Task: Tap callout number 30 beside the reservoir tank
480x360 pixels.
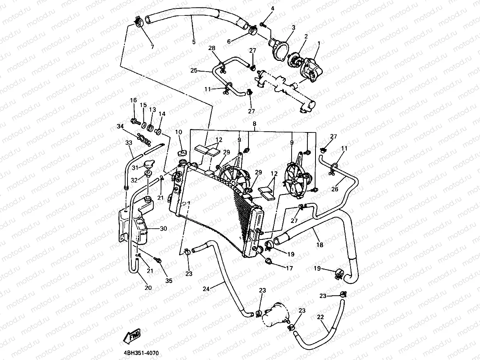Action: click(x=163, y=229)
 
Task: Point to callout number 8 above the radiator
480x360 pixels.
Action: click(x=254, y=124)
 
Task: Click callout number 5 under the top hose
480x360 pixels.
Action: click(x=193, y=42)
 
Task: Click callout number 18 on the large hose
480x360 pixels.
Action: click(x=320, y=244)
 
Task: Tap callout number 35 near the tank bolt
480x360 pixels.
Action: click(x=168, y=281)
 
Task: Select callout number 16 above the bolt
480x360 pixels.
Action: click(x=133, y=100)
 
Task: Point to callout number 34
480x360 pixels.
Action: click(x=121, y=127)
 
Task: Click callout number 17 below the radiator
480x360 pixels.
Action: click(x=290, y=268)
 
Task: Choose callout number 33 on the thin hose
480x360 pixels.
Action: click(x=128, y=143)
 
